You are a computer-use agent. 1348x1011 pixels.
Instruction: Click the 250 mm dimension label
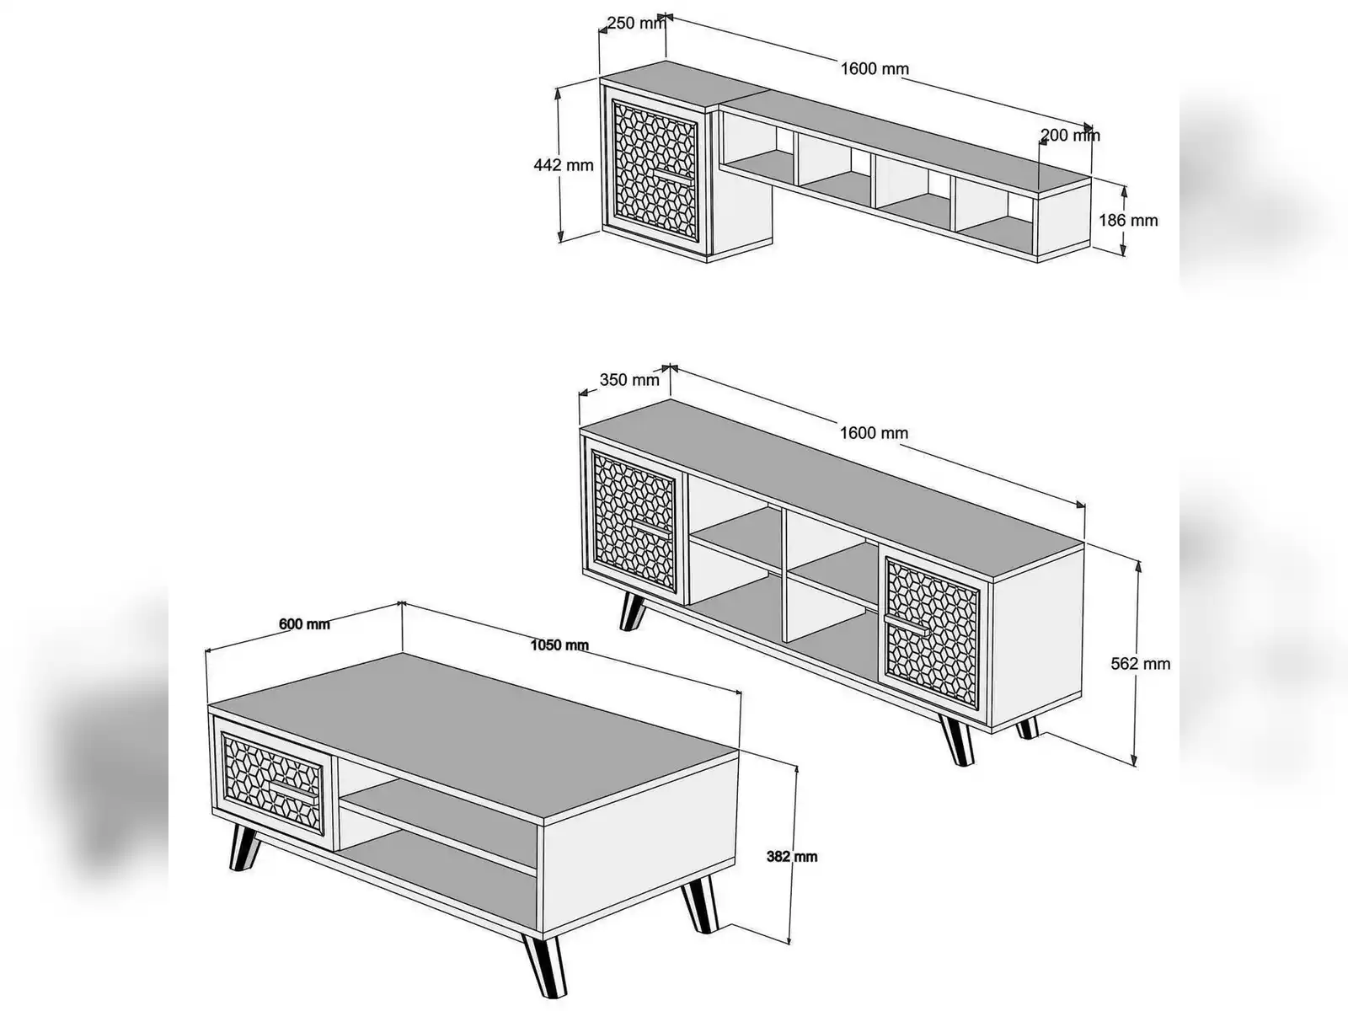coord(635,24)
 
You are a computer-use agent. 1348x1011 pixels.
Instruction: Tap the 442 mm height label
coord(563,164)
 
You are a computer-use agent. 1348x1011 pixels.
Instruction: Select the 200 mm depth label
coord(1070,135)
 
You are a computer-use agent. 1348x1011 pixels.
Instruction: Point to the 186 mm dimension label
coord(1128,220)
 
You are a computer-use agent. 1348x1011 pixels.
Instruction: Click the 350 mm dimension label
coord(629,380)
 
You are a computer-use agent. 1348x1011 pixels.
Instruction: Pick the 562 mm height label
coord(1141,664)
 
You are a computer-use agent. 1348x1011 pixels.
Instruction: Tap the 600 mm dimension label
coord(304,624)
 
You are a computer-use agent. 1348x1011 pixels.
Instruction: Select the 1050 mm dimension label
coord(559,645)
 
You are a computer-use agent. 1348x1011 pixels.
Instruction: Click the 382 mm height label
coord(792,856)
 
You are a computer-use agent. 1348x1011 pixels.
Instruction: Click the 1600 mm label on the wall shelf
coord(875,69)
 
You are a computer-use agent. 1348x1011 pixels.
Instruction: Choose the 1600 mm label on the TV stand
coord(874,433)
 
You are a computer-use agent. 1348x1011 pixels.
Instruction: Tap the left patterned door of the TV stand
coord(634,521)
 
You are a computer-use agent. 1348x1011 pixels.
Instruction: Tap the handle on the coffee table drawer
coord(293,791)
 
